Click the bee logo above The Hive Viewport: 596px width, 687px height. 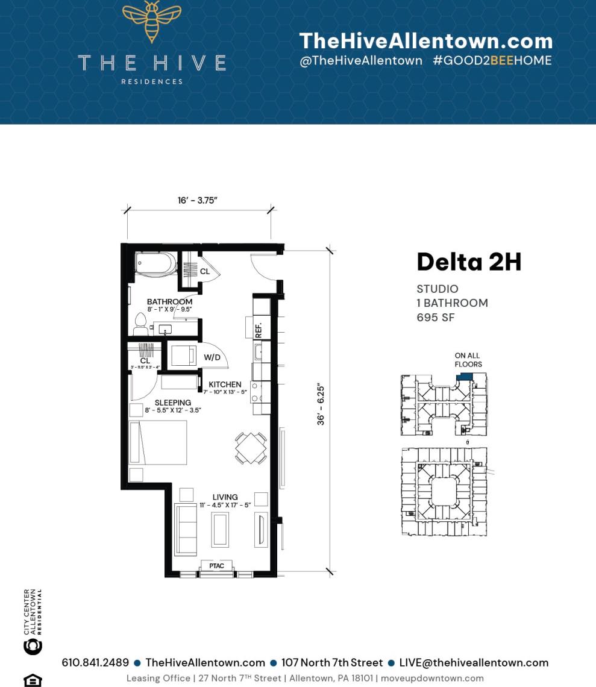pos(151,20)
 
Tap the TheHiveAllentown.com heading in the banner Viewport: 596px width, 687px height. pos(425,41)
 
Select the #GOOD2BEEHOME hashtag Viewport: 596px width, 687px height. pos(492,60)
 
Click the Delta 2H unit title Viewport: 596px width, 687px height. pos(469,262)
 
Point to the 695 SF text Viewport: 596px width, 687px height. pos(436,317)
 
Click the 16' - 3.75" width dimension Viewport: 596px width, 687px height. pos(197,200)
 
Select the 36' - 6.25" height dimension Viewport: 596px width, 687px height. pos(322,406)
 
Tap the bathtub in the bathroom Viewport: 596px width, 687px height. pos(155,264)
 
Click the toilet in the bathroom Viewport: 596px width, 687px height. pos(141,324)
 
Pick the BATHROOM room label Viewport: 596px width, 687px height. pos(169,301)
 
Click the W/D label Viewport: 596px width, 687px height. pos(212,357)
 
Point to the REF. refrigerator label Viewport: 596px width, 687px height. pos(259,329)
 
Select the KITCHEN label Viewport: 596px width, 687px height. pos(225,384)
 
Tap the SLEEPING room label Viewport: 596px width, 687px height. pos(172,403)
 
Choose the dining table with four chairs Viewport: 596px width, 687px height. pos(251,448)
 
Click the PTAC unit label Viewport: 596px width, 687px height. pos(216,566)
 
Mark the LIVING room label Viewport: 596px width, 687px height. pos(225,497)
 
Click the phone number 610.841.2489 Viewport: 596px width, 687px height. pos(95,662)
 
